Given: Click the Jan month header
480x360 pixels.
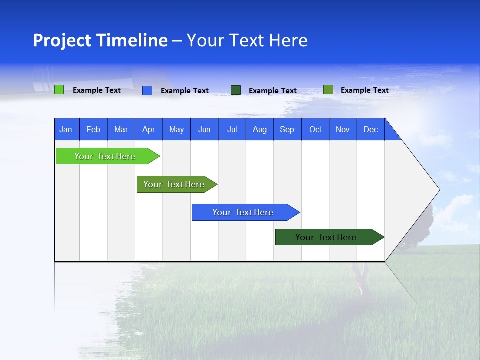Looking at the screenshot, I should tap(66, 130).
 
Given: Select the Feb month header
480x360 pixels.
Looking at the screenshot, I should tap(93, 130).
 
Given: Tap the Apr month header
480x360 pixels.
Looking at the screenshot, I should tap(148, 130).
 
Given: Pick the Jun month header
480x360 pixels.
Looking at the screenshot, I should tap(204, 130).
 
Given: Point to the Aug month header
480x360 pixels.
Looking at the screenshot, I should tap(260, 130).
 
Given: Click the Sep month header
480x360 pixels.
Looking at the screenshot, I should tap(287, 130).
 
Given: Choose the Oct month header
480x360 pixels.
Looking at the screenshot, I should tap(315, 130).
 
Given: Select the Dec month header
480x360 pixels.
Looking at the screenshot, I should tap(370, 130).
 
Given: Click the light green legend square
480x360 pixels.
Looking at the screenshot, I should tap(59, 90).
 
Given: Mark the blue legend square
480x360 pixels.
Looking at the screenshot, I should tap(147, 90).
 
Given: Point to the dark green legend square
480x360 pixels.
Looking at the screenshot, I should tap(236, 90).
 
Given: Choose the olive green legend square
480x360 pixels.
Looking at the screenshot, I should tap(328, 90).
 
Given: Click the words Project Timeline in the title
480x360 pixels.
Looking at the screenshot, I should tap(100, 40).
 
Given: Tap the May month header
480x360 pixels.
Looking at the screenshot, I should tap(176, 130).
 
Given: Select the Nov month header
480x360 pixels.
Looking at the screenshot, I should tap(343, 130).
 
